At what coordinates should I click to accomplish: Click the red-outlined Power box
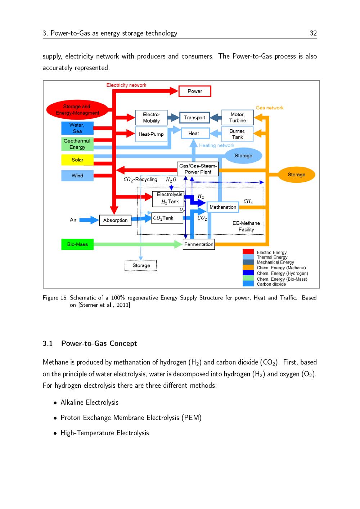[195, 91]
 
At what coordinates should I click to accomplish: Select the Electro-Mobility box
[151, 118]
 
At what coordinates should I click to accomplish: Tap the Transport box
[194, 118]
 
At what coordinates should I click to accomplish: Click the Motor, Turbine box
[237, 118]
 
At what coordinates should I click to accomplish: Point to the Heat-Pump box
[151, 134]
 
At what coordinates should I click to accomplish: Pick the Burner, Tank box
[237, 134]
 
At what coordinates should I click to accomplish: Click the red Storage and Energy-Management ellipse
[77, 110]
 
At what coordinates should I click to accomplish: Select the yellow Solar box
[77, 160]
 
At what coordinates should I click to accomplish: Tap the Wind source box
[77, 176]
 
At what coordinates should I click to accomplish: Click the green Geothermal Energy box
[77, 144]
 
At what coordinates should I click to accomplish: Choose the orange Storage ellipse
[296, 175]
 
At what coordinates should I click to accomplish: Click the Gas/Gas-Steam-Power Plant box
[198, 169]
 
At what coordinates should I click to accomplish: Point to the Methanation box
[223, 207]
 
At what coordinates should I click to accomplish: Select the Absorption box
[115, 220]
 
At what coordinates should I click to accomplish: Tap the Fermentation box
[199, 244]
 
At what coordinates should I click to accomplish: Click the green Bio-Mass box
[77, 244]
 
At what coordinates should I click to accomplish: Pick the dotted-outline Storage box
[141, 266]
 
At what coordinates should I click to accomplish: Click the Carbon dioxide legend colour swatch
[248, 284]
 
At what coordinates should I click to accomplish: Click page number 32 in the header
[313, 33]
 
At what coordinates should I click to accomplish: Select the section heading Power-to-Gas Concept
[99, 343]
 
